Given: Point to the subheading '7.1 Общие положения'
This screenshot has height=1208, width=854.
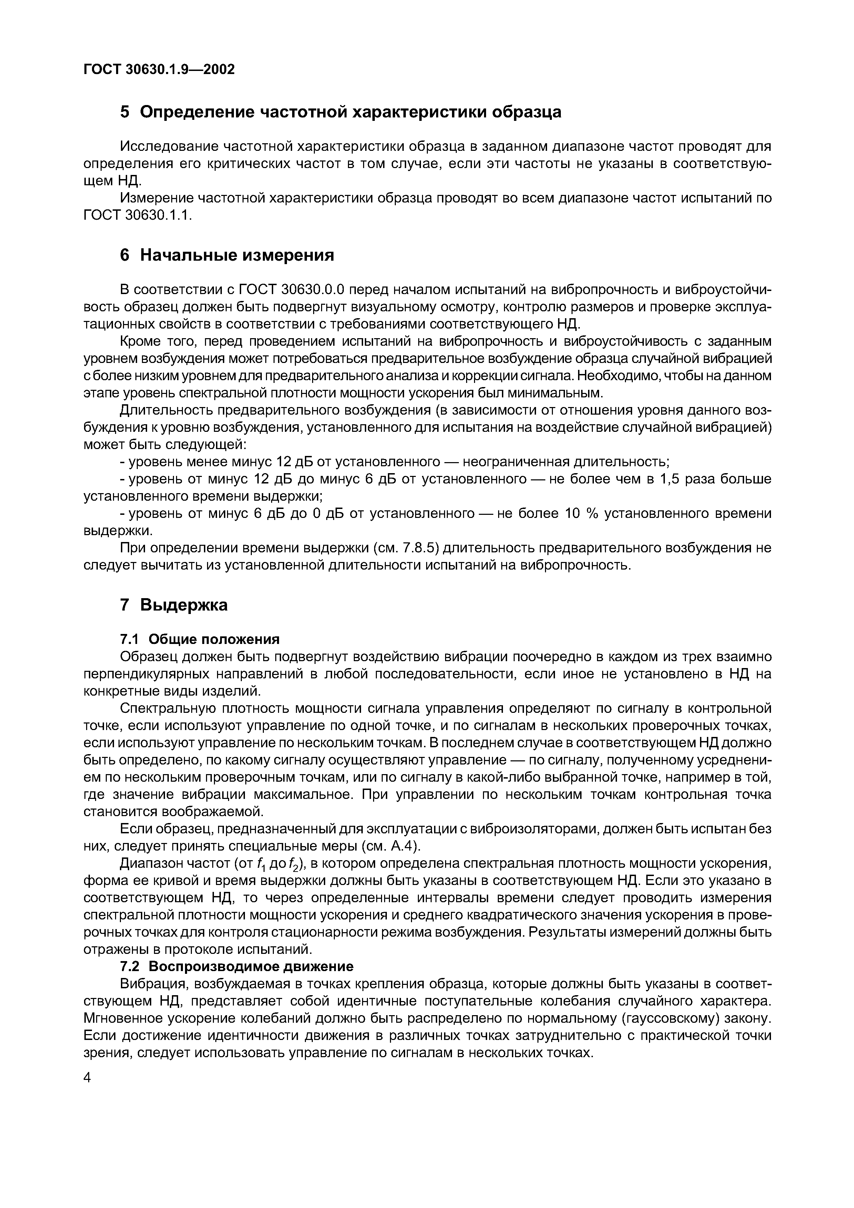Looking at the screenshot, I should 200,639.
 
